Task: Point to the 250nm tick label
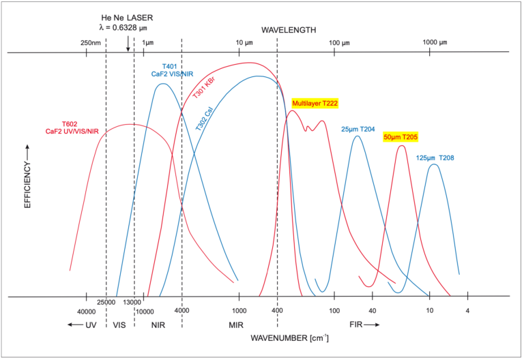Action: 91,43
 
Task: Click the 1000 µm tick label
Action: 434,43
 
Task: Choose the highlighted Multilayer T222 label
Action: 315,104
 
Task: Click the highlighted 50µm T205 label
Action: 401,137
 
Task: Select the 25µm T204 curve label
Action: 358,129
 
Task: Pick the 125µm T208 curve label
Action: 435,158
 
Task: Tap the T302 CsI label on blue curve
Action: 203,118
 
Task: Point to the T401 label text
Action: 170,67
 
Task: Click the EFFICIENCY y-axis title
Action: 28,176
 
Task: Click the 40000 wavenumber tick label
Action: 86,312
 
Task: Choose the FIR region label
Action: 357,325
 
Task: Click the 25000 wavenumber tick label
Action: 107,302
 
